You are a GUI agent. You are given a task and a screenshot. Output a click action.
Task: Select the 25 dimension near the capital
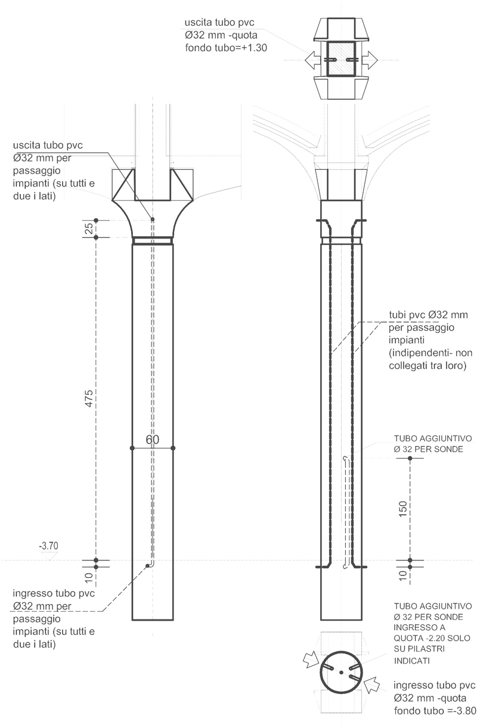coord(87,229)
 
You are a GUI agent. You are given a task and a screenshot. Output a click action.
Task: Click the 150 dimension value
coord(402,508)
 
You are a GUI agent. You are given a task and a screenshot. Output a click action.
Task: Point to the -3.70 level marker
coord(48,546)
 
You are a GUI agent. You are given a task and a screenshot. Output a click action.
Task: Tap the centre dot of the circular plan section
coord(340,672)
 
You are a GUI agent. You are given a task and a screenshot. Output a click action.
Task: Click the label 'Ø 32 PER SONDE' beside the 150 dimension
coord(428,449)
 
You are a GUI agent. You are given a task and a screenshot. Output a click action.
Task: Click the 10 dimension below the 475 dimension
coord(88,577)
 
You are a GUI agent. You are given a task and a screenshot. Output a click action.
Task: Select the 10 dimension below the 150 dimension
coord(402,575)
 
